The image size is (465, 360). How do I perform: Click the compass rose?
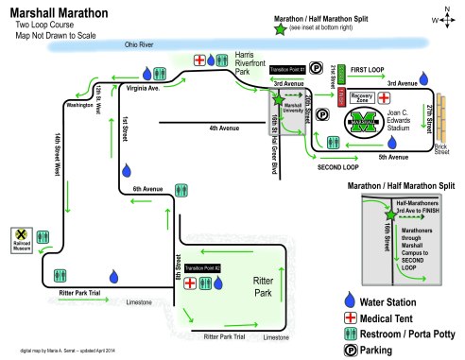[x=446, y=16]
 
